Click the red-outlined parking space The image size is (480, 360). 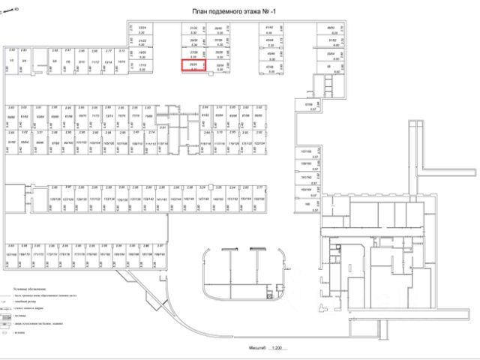[193, 66]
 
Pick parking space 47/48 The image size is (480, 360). [270, 66]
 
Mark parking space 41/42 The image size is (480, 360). [270, 28]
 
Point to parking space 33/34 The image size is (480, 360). [219, 66]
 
